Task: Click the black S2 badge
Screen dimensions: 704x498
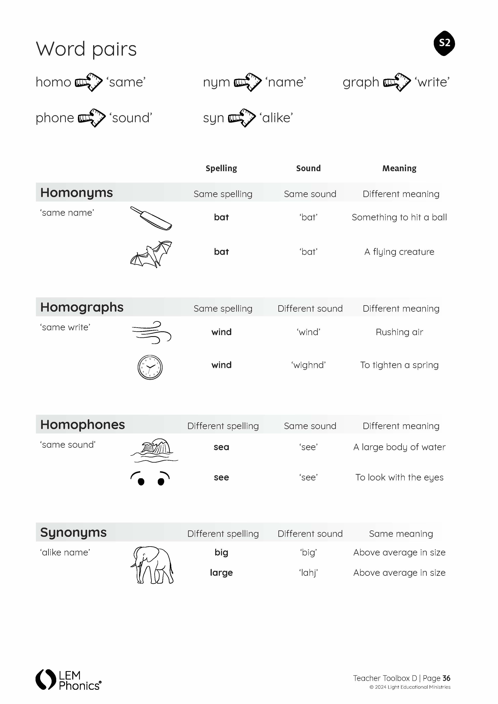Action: (444, 43)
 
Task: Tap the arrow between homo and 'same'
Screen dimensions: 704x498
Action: (89, 82)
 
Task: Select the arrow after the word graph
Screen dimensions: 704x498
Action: (397, 82)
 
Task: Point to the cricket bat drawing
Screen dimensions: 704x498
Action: (151, 218)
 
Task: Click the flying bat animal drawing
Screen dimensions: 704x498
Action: (151, 254)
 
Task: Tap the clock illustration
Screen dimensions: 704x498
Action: (150, 367)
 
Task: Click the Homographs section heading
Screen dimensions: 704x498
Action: (82, 307)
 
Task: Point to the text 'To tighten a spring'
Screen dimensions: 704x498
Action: (399, 365)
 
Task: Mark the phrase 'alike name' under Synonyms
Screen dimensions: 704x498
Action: (65, 552)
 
